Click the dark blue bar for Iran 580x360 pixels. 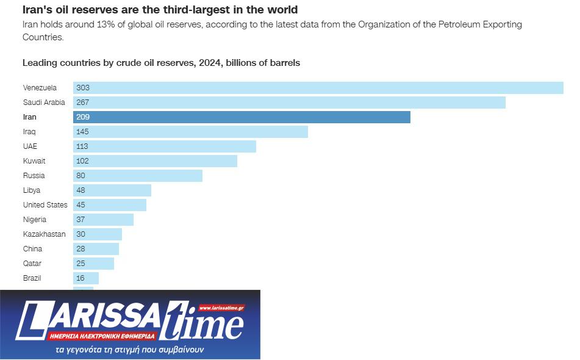click(x=242, y=117)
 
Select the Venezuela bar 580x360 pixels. click(x=318, y=88)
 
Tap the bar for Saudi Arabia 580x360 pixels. click(x=289, y=103)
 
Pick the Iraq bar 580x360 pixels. click(x=190, y=132)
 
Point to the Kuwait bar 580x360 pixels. click(x=155, y=161)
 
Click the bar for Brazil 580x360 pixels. click(x=86, y=278)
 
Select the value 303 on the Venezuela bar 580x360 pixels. click(x=83, y=88)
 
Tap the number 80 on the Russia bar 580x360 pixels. click(x=81, y=176)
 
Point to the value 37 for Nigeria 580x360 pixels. click(x=81, y=220)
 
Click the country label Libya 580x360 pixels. click(x=32, y=190)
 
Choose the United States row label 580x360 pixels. click(x=45, y=205)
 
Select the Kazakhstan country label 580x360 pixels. click(x=44, y=234)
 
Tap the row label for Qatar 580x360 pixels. click(x=32, y=264)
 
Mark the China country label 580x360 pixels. click(x=33, y=249)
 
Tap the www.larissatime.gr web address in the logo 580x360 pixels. click(x=221, y=308)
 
